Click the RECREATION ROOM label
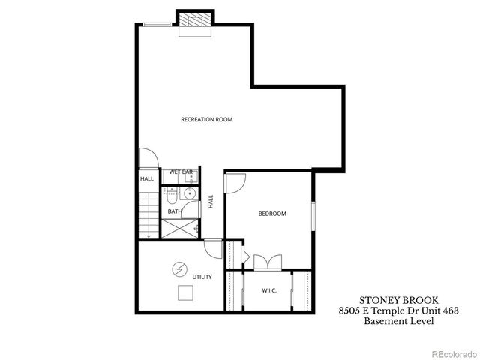(x=207, y=120)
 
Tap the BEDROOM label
(x=272, y=214)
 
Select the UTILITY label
(x=202, y=277)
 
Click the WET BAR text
(x=181, y=172)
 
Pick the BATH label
(x=174, y=211)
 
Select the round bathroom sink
(x=190, y=193)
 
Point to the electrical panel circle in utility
(x=180, y=268)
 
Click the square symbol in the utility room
(x=184, y=292)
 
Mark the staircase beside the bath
(x=148, y=214)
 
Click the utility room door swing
(x=213, y=247)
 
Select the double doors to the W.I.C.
(x=268, y=262)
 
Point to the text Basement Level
(x=398, y=321)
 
